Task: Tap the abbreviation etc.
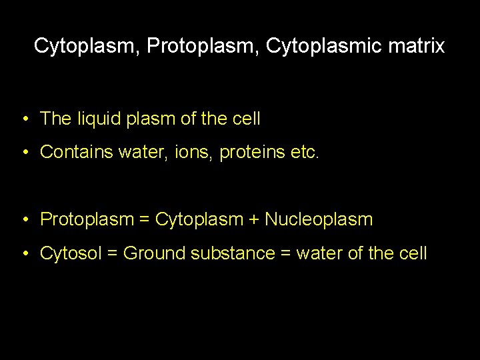click(305, 152)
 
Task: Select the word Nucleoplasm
click(319, 219)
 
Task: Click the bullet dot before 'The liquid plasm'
click(24, 120)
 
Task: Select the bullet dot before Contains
click(24, 153)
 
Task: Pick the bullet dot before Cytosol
click(24, 254)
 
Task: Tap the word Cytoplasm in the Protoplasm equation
click(200, 219)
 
